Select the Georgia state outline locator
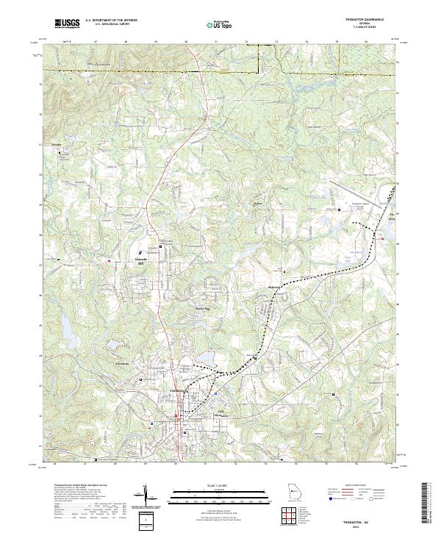293,493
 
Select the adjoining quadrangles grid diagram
292,514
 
